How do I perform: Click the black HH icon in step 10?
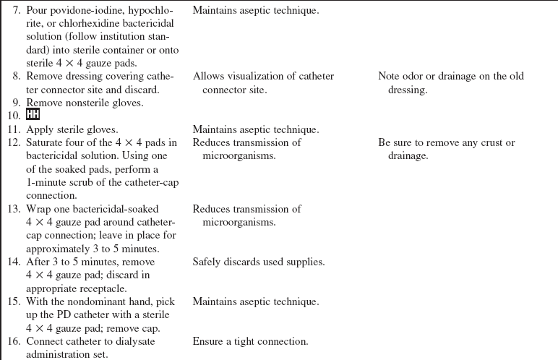(x=33, y=116)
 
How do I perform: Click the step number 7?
(x=16, y=12)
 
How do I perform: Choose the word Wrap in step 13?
(x=39, y=209)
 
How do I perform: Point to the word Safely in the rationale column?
(x=207, y=262)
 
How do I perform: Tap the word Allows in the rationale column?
(x=208, y=77)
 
